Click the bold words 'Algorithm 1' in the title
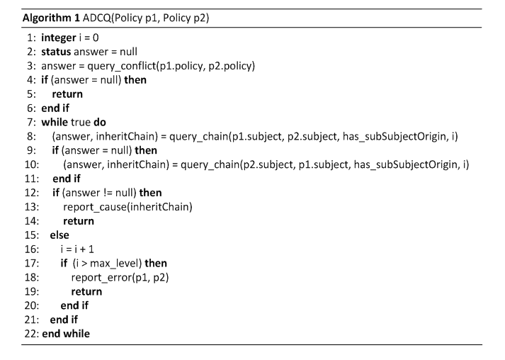click(x=51, y=18)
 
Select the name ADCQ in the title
click(x=96, y=18)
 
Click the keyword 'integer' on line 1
click(x=59, y=38)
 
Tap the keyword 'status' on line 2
click(x=56, y=52)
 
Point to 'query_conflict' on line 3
click(x=122, y=66)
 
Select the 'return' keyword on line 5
click(x=67, y=94)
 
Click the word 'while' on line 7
click(x=55, y=122)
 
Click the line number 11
click(x=32, y=179)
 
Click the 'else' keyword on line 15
click(x=59, y=235)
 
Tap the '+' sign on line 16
click(x=81, y=249)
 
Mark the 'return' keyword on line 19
click(x=86, y=292)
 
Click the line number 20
click(x=32, y=305)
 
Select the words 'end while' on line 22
click(x=66, y=334)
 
